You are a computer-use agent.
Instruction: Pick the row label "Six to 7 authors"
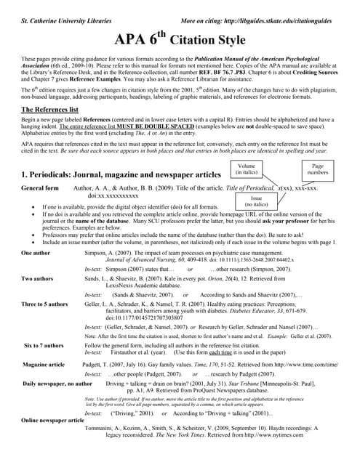(46, 345)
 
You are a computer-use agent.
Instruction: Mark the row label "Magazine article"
(44, 363)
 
